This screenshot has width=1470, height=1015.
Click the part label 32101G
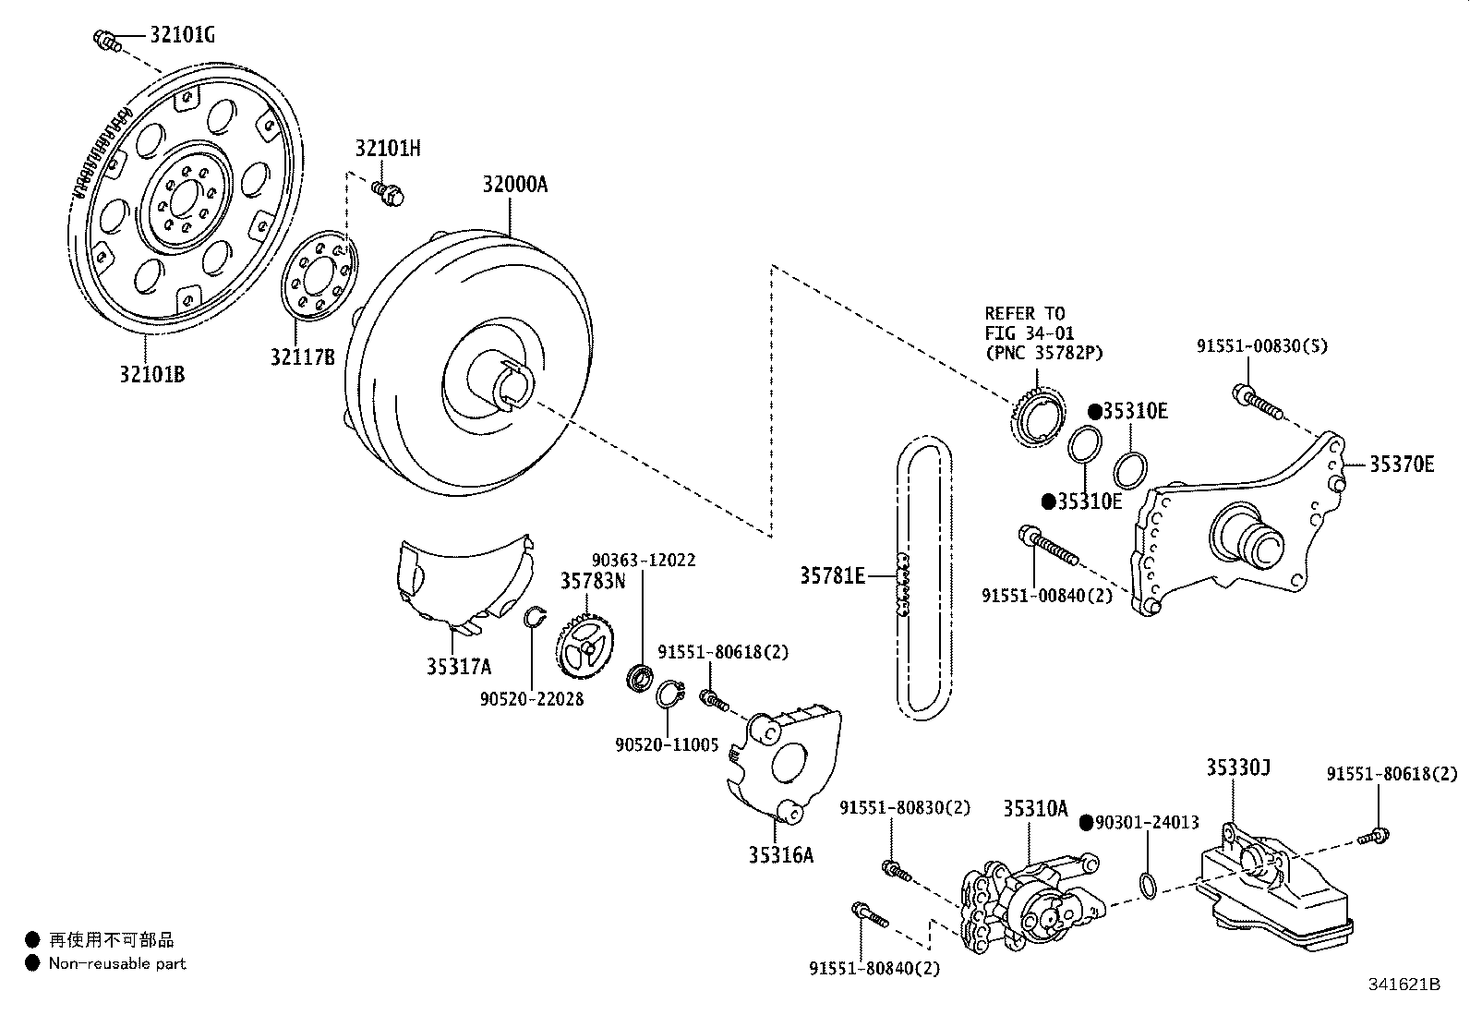[183, 34]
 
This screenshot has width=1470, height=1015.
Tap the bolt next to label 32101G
[107, 40]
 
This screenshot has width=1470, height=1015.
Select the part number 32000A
[515, 185]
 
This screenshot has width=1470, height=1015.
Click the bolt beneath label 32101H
[388, 193]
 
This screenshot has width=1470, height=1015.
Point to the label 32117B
[303, 357]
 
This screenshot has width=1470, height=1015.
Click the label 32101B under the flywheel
[152, 374]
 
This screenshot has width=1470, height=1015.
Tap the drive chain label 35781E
[832, 575]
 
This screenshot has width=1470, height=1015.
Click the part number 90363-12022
[644, 560]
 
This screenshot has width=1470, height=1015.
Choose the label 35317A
[459, 667]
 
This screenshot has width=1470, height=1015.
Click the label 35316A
[781, 855]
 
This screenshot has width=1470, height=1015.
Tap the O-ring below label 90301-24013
[1148, 886]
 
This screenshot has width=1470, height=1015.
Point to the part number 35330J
[1238, 767]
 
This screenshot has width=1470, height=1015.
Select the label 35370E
[1402, 465]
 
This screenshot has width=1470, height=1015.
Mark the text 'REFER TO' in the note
[1025, 313]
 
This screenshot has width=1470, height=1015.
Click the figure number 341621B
[1404, 985]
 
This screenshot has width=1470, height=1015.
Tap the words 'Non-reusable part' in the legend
[117, 963]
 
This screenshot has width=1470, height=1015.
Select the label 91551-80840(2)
[874, 969]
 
